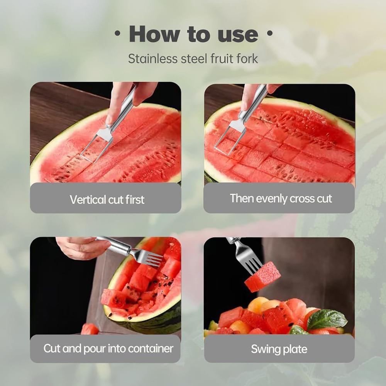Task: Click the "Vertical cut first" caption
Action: coord(107,200)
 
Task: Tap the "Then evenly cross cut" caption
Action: coord(281,198)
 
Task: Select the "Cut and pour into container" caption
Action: coord(108,349)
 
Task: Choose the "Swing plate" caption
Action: coord(279,349)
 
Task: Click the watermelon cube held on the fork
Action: coord(263,278)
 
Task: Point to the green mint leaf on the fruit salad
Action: coord(326,320)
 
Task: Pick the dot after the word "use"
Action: coord(269,34)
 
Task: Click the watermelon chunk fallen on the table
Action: coord(90,329)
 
